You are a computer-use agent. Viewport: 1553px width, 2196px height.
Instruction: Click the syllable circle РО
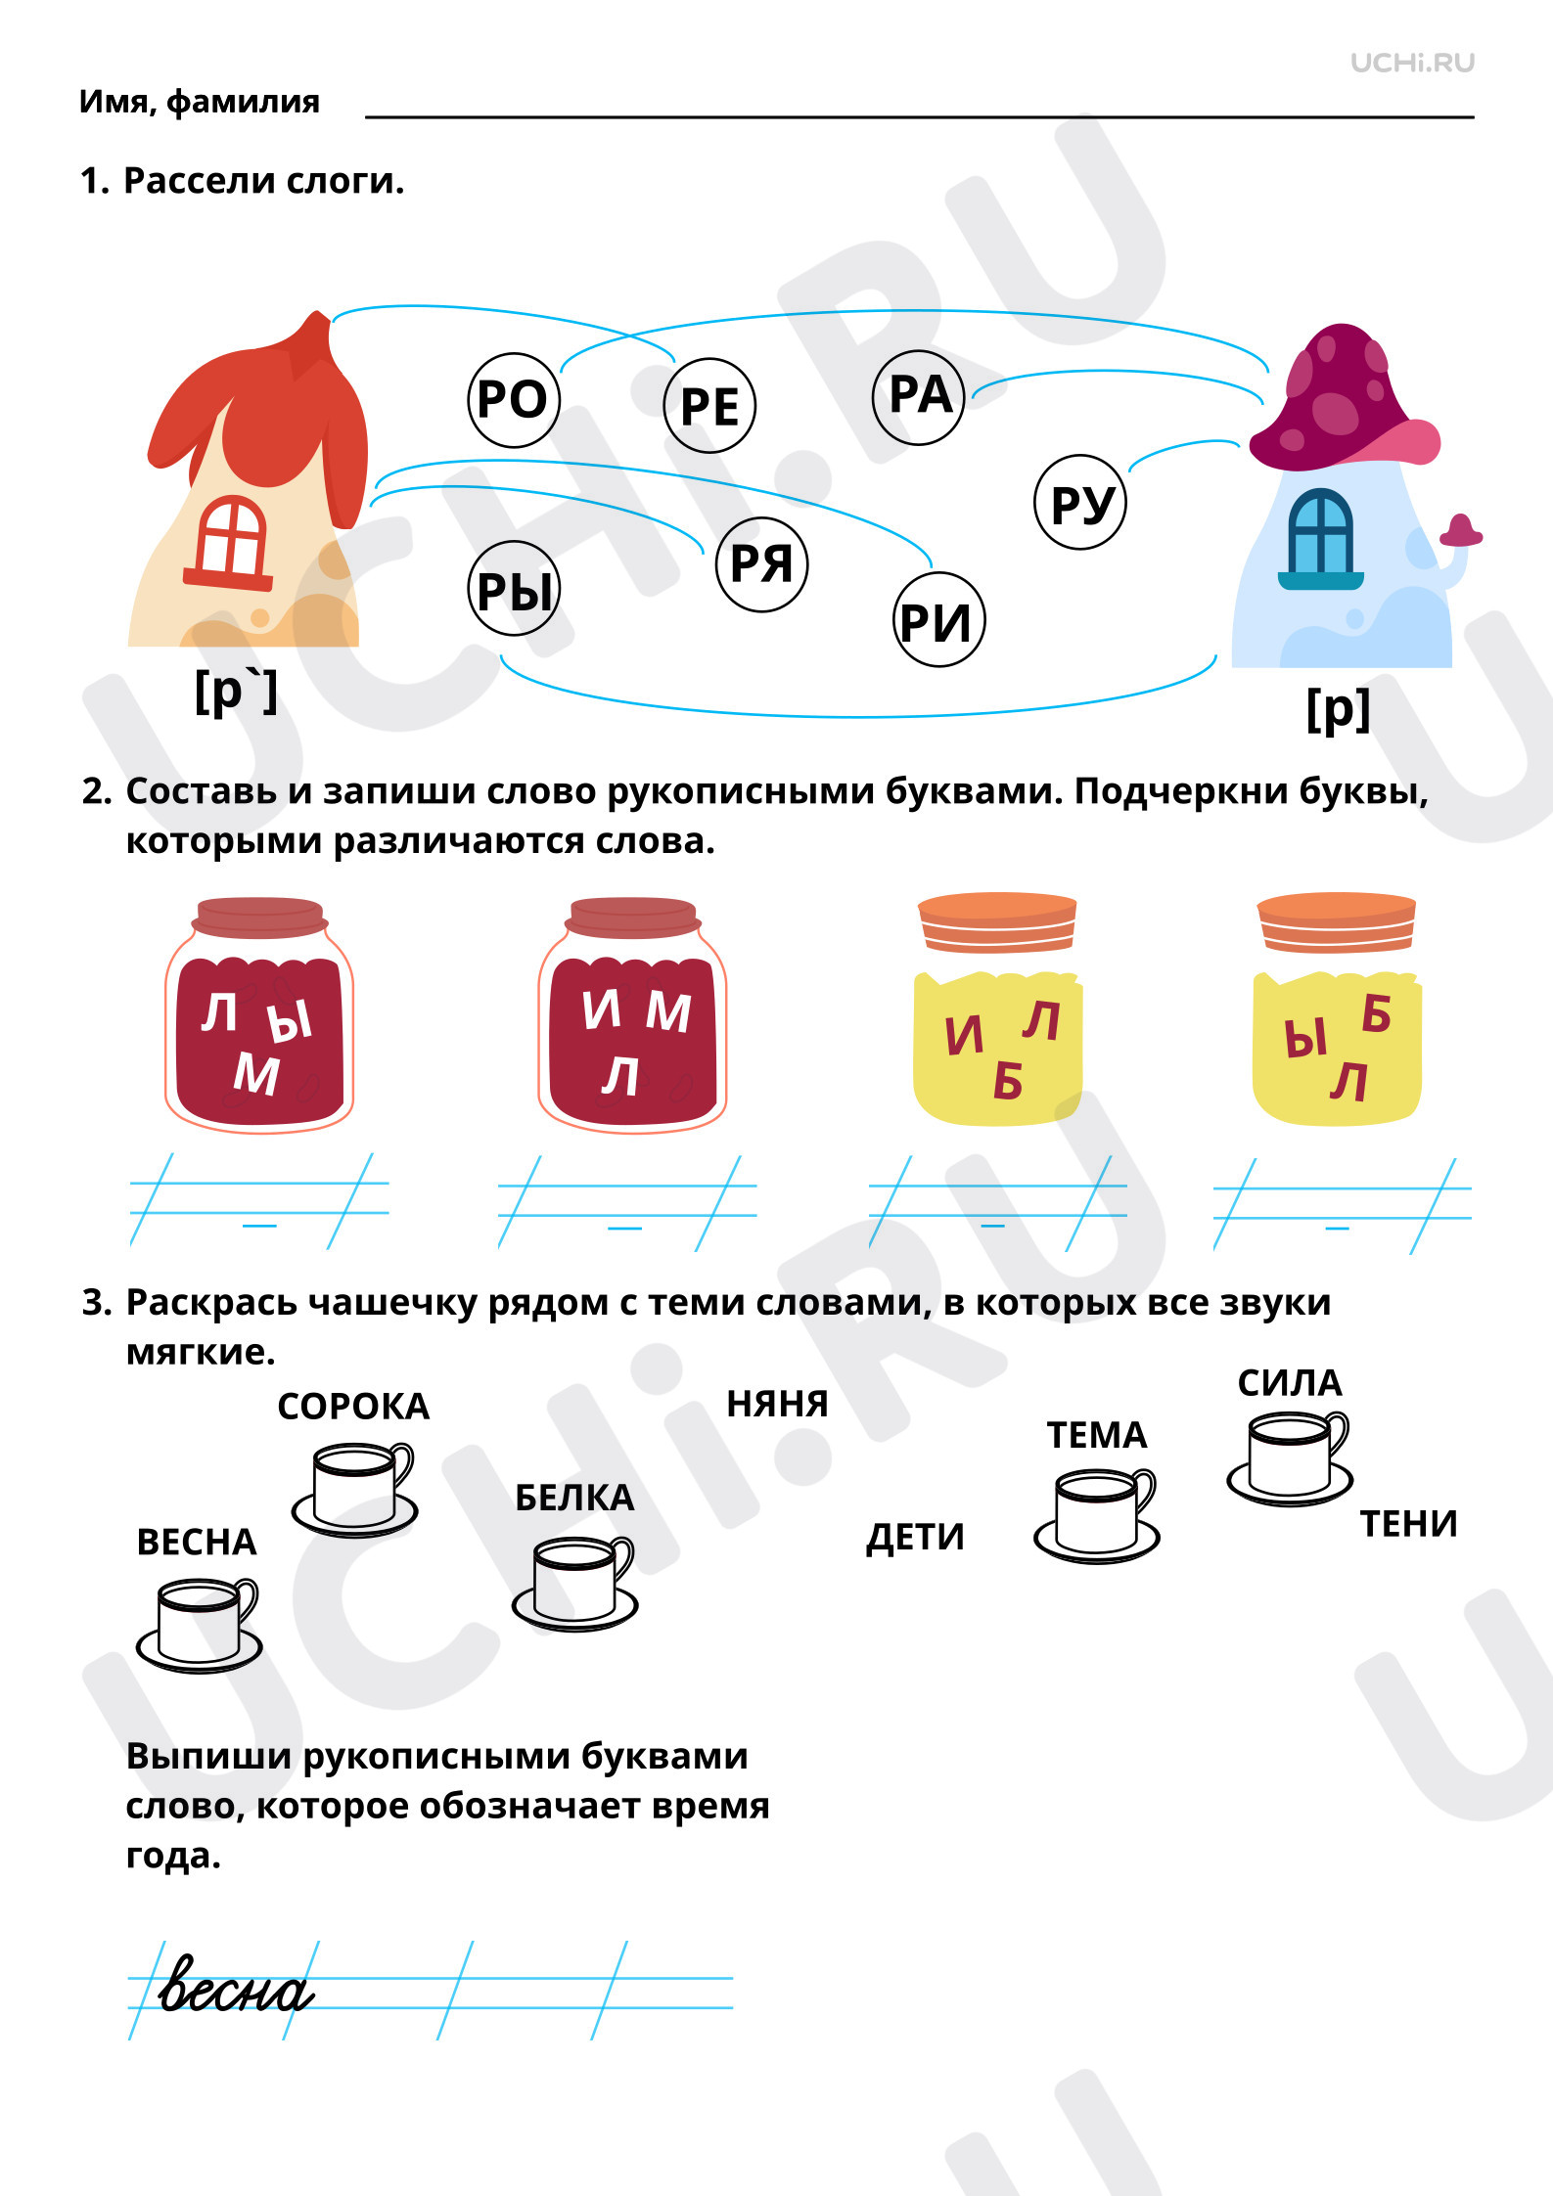[x=514, y=400]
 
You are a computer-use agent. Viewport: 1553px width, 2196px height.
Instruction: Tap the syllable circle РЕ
[x=709, y=406]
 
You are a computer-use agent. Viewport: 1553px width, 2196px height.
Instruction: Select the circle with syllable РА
[x=919, y=396]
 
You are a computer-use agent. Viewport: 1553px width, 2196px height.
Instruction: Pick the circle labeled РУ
[x=1081, y=503]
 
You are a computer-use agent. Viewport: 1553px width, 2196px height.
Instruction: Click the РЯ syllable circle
[x=761, y=564]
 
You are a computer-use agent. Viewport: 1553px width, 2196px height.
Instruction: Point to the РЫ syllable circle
[x=514, y=589]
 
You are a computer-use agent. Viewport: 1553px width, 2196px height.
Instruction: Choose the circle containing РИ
[x=938, y=620]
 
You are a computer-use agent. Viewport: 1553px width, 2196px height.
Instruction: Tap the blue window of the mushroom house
[x=1320, y=539]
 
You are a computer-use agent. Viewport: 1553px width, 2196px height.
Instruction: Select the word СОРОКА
[x=353, y=1407]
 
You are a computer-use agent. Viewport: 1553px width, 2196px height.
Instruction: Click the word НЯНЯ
[x=777, y=1404]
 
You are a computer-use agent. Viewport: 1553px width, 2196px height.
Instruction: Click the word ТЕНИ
[x=1409, y=1524]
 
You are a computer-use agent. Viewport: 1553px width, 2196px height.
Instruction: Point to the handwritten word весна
[x=236, y=1985]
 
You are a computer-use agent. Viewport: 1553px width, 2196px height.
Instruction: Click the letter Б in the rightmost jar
[x=1376, y=1014]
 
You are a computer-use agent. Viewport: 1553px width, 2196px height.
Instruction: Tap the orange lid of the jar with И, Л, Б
[x=997, y=921]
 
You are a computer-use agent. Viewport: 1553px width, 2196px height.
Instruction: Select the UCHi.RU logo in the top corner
[x=1412, y=63]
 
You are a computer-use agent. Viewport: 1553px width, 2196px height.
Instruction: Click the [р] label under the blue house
[x=1338, y=709]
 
